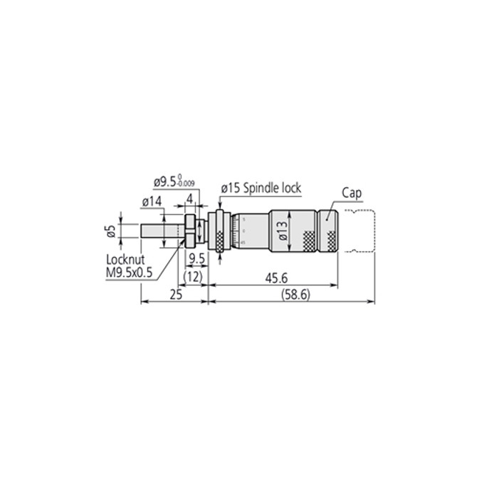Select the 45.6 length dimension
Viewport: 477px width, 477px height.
(x=272, y=278)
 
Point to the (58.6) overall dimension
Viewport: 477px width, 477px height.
(x=294, y=294)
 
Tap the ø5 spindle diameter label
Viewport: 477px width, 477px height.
(x=110, y=231)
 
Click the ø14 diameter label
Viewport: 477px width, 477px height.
(x=151, y=203)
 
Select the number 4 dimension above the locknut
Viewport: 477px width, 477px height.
(x=190, y=197)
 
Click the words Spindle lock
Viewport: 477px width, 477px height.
(x=273, y=188)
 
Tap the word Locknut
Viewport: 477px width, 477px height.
(x=125, y=261)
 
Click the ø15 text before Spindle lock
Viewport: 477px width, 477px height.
(x=230, y=188)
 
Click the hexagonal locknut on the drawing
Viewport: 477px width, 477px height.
(x=189, y=230)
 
